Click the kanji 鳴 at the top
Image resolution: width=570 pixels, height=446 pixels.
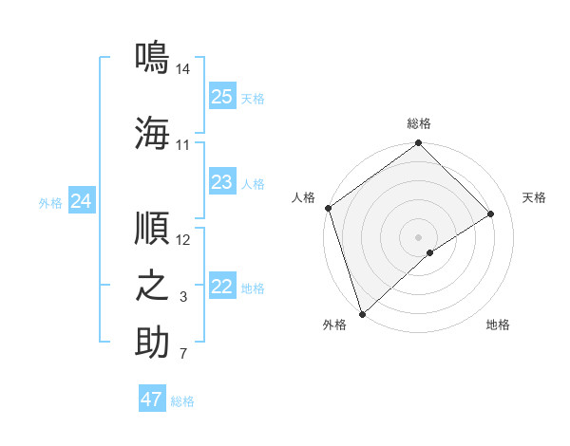pyautogui.click(x=152, y=55)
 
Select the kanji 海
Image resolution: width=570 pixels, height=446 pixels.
pyautogui.click(x=152, y=132)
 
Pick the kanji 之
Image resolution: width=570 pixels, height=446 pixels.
pyautogui.click(x=152, y=286)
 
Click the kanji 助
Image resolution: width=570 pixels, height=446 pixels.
pyautogui.click(x=152, y=343)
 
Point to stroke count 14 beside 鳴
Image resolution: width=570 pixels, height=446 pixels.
pyautogui.click(x=183, y=69)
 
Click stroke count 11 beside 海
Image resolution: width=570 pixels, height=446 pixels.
pyautogui.click(x=183, y=145)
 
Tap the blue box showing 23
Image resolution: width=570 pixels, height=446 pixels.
pyautogui.click(x=222, y=182)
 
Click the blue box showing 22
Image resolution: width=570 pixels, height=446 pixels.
pyautogui.click(x=222, y=287)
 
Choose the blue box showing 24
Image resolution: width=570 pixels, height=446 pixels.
pyautogui.click(x=82, y=201)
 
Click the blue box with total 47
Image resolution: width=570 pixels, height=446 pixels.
pyautogui.click(x=152, y=400)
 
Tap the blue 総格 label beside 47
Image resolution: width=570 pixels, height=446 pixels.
pyautogui.click(x=182, y=401)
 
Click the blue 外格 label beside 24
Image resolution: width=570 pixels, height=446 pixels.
pyautogui.click(x=50, y=202)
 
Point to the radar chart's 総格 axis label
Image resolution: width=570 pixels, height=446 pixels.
pyautogui.click(x=418, y=123)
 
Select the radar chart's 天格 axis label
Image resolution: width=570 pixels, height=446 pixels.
pyautogui.click(x=534, y=197)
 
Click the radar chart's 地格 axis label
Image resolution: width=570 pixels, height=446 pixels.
pyautogui.click(x=498, y=325)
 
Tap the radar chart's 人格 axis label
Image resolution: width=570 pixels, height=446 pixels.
pyautogui.click(x=304, y=197)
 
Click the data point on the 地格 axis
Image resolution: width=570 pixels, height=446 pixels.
pyautogui.click(x=430, y=252)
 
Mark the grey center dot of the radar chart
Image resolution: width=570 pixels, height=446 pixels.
pyautogui.click(x=418, y=236)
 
